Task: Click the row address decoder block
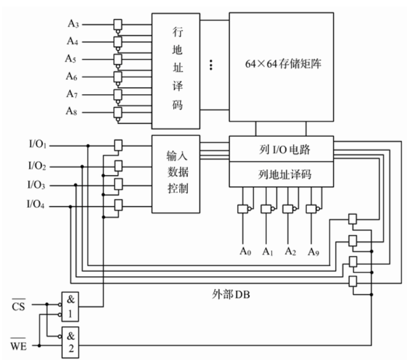tap(176, 70)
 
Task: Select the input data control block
tap(176, 173)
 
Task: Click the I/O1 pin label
tap(37, 144)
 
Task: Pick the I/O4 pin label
tap(37, 205)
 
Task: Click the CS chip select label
tap(19, 305)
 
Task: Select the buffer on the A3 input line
tap(119, 24)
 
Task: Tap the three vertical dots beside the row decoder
tap(211, 65)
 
